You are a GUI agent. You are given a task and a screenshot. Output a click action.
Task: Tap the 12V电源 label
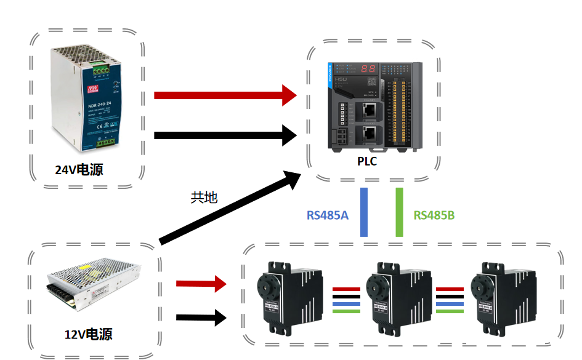point(89,335)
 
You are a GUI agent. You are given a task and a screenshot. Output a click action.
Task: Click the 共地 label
point(204,198)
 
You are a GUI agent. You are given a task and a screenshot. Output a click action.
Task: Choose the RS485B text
point(434,215)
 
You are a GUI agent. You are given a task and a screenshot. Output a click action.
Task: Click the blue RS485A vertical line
point(364,212)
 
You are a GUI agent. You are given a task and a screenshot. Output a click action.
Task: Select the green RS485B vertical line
point(400,212)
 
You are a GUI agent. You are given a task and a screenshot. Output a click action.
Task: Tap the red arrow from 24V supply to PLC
point(225,95)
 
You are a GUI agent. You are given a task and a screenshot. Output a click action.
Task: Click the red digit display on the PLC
point(369,69)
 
